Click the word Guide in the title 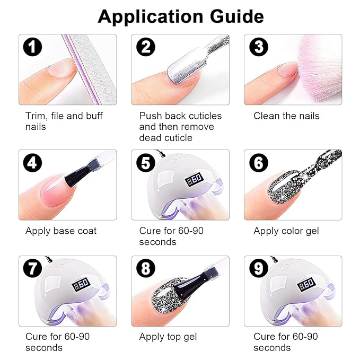coord(236,16)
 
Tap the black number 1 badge coord(32,47)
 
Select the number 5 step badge coord(146,163)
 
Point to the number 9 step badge coord(259,268)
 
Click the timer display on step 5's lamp coord(194,180)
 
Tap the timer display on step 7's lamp coord(81,285)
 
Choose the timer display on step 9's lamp coord(307,285)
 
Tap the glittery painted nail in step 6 coord(284,187)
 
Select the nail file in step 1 coord(90,69)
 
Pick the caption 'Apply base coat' coord(61,231)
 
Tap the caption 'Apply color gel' coord(286,231)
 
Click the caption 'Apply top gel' coord(168,337)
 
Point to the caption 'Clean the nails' coord(286,116)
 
